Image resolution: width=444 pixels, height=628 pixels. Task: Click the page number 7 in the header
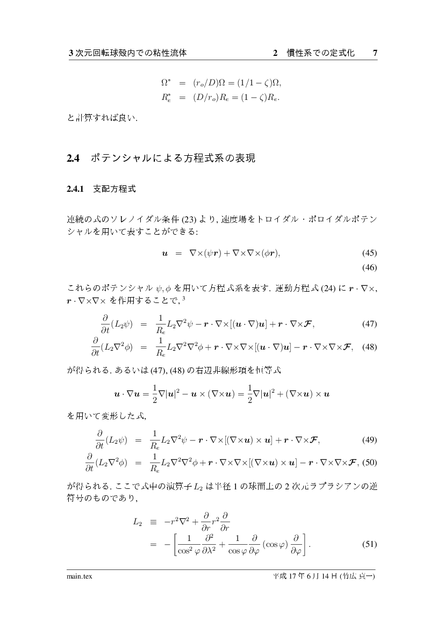tap(375, 53)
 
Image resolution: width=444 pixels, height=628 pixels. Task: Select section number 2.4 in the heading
tap(73, 158)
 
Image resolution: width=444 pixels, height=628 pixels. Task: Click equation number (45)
tap(369, 253)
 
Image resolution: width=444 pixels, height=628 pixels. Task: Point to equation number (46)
tap(369, 266)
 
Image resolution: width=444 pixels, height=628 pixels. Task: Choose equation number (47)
tap(369, 324)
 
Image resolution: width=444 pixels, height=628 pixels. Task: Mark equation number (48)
tap(369, 347)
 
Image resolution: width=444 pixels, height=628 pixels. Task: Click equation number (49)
tap(369, 441)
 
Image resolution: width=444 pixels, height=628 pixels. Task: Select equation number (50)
tap(369, 463)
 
